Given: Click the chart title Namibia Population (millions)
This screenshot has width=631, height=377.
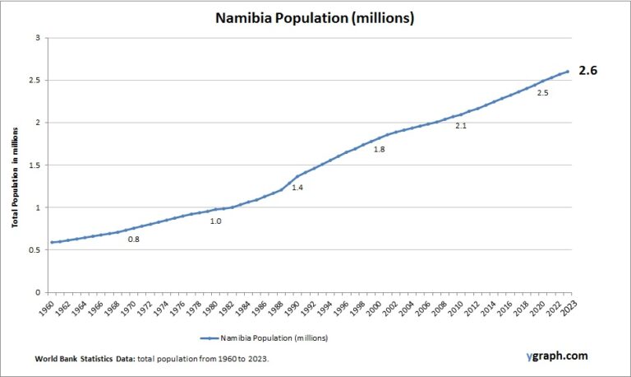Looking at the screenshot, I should (315, 16).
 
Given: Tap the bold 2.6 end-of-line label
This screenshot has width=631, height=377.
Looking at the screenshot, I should (587, 71).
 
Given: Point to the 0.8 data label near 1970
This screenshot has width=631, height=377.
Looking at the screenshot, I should (133, 240).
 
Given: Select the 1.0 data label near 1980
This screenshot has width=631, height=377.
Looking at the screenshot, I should (215, 221).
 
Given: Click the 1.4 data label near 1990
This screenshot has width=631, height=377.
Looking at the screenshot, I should (297, 188).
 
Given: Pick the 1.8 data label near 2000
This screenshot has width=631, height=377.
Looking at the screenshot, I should (379, 150).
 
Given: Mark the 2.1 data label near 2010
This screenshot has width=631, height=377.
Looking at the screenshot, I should (461, 126).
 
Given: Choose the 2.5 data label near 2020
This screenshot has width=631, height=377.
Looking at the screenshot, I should (542, 93).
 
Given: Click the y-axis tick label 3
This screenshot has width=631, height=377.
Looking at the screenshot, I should (35, 38).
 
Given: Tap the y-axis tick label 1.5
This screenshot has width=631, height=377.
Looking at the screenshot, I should (33, 165).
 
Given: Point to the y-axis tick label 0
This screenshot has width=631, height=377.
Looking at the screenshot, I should (35, 292).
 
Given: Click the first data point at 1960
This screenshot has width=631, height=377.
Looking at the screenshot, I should (52, 242).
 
